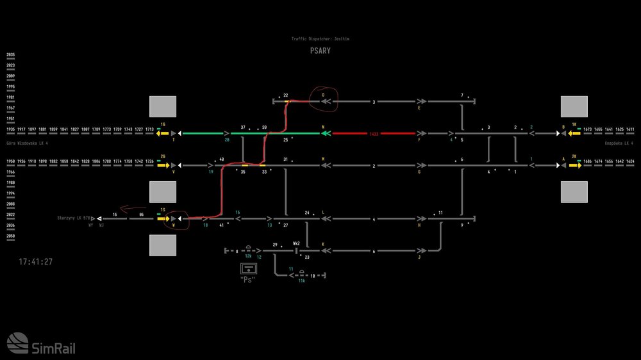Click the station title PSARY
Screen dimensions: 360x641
coord(320,51)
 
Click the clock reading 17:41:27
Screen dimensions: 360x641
coord(35,262)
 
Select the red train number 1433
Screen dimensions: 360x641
coord(374,134)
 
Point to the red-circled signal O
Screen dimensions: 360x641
coord(323,98)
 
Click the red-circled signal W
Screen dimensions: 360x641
coord(174,222)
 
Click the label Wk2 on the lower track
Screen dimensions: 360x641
coord(296,243)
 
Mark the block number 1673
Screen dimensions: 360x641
coord(588,129)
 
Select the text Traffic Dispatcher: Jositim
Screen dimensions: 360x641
coord(320,39)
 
